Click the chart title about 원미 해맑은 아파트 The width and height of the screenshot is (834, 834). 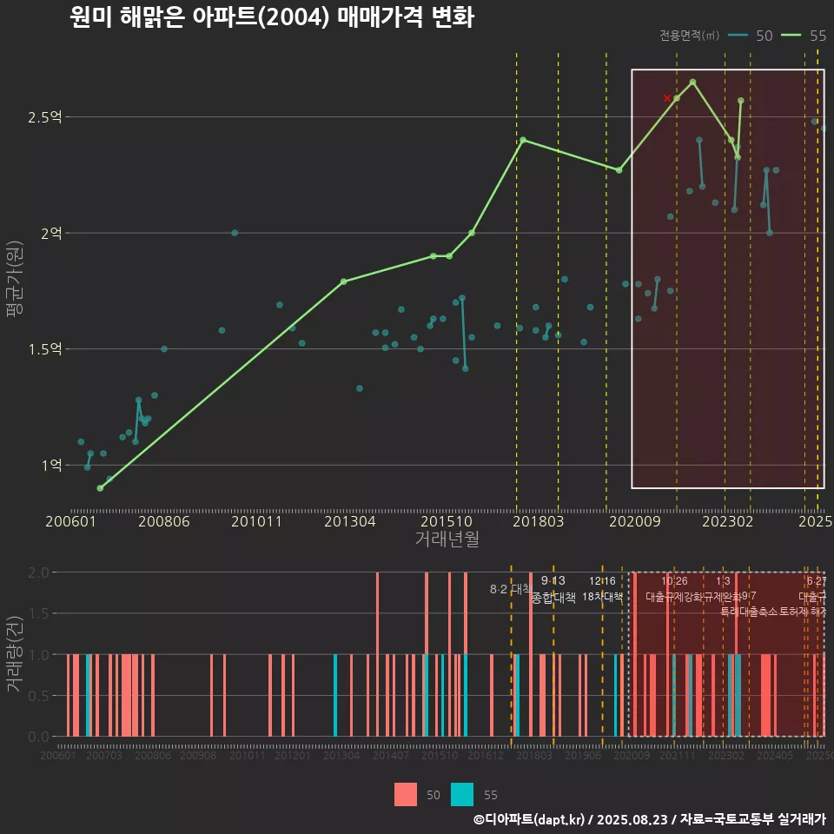[271, 17]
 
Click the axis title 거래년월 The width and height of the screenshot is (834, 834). [447, 539]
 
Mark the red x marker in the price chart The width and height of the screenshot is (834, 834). [667, 98]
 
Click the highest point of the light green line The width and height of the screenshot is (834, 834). [692, 82]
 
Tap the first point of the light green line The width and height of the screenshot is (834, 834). [100, 488]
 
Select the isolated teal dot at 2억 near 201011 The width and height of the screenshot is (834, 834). [235, 233]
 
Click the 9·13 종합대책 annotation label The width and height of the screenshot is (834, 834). [553, 590]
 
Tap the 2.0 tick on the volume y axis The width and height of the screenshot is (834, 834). [38, 573]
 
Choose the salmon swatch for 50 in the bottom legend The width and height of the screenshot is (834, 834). [405, 795]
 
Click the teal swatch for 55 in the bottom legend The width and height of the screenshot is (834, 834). [463, 795]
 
